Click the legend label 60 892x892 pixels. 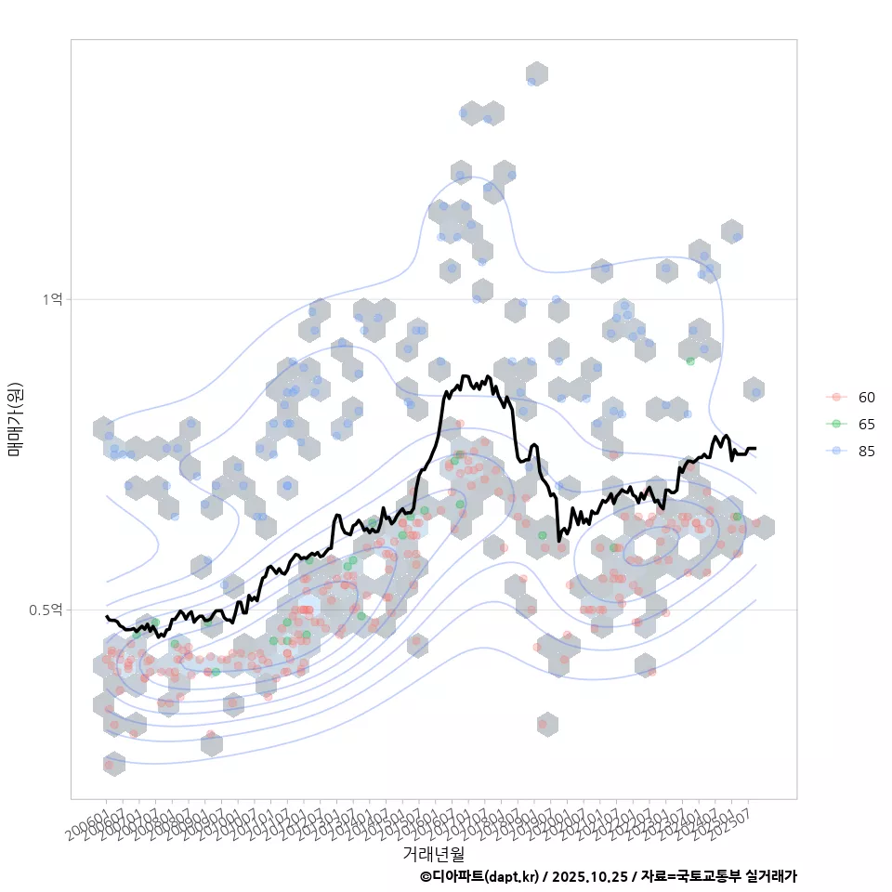pyautogui.click(x=866, y=398)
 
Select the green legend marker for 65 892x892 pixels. pyautogui.click(x=836, y=424)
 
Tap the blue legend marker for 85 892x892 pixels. pyautogui.click(x=836, y=451)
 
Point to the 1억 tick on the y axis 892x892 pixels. pyautogui.click(x=52, y=299)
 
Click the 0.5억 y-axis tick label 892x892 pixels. pyautogui.click(x=46, y=610)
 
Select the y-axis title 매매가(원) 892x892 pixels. pyautogui.click(x=15, y=419)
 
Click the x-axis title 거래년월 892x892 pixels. pyautogui.click(x=433, y=853)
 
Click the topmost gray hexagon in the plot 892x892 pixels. pyautogui.click(x=536, y=74)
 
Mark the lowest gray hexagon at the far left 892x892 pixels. pyautogui.click(x=113, y=764)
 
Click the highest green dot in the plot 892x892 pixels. pyautogui.click(x=690, y=361)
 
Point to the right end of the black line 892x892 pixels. pyautogui.click(x=754, y=449)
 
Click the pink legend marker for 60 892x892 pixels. pyautogui.click(x=836, y=398)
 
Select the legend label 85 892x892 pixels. pyautogui.click(x=866, y=451)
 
